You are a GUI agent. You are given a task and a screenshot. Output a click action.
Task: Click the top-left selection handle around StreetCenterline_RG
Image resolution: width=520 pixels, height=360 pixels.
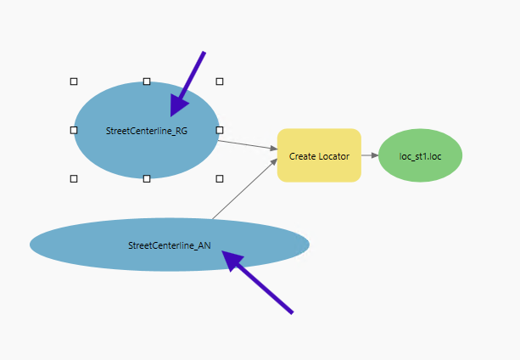[74, 82]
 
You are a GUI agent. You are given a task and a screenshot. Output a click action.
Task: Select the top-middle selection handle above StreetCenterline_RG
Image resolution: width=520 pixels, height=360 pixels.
[147, 82]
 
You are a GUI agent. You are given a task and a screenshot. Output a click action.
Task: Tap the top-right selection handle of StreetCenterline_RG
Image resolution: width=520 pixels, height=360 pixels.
[220, 82]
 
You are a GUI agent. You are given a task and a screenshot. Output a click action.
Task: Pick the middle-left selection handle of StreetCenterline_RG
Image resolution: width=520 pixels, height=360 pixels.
[74, 130]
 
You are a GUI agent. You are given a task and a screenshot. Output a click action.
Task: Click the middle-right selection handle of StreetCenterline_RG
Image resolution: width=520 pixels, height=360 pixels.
[220, 130]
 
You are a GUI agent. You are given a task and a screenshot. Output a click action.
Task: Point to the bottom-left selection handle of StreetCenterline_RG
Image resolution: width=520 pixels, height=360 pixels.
[74, 178]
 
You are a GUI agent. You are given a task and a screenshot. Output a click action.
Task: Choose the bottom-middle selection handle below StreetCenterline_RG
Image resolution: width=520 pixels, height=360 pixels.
[147, 178]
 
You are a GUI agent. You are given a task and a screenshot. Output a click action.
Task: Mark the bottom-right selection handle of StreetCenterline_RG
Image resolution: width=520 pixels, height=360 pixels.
[220, 178]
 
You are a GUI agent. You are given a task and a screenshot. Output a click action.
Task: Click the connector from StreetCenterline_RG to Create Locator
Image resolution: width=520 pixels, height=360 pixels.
[247, 145]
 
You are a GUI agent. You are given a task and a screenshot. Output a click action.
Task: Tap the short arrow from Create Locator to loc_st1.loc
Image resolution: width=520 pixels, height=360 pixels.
[369, 155]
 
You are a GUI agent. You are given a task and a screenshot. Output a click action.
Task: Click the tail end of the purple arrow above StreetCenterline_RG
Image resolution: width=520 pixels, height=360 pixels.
[204, 53]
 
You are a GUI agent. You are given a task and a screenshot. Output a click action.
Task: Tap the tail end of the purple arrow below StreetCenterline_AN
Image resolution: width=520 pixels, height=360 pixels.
[292, 312]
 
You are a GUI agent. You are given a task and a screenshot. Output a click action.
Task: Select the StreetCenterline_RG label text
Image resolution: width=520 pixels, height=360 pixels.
[147, 131]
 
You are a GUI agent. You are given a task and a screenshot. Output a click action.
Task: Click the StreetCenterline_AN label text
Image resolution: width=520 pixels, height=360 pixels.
[170, 245]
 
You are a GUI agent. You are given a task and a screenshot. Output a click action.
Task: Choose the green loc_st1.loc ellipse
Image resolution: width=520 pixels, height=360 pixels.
[420, 155]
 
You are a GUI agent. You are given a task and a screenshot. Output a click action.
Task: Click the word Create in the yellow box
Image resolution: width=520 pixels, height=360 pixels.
[302, 156]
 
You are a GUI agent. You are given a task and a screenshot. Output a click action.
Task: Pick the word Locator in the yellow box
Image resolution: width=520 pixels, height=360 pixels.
[333, 156]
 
